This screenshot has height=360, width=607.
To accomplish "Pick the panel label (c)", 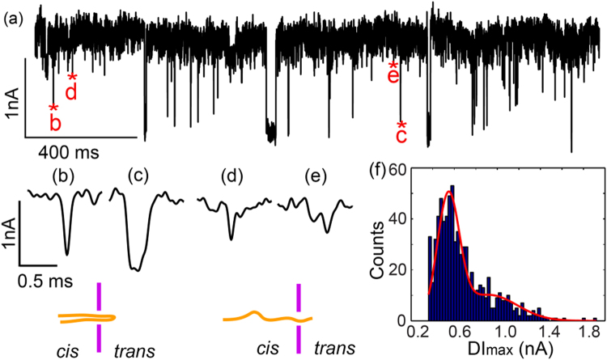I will [143, 174].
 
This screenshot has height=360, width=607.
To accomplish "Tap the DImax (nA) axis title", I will [510, 349].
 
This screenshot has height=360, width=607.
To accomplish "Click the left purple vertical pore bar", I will [100, 316].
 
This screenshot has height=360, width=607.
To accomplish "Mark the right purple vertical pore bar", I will [298, 318].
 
